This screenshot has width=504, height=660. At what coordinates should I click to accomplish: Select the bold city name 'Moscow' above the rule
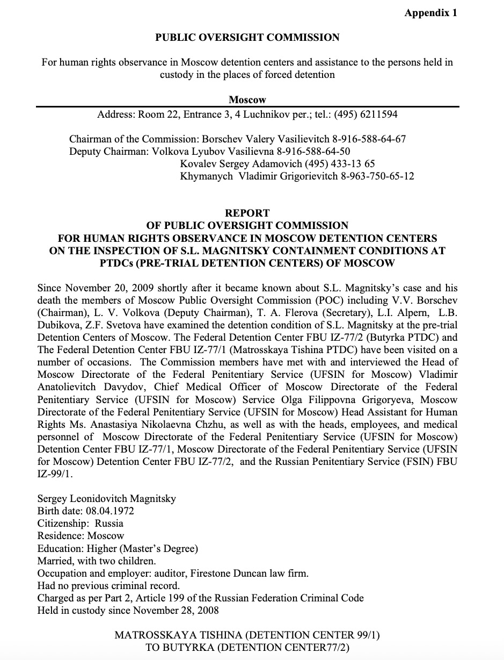247,100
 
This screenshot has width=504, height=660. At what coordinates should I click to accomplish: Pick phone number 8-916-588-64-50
313,152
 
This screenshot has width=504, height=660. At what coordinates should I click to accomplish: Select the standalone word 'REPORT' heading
247,213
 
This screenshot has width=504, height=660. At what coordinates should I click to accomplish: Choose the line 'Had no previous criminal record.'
108,586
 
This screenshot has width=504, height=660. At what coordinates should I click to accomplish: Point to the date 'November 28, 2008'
178,611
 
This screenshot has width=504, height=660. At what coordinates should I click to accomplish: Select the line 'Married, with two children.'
97,561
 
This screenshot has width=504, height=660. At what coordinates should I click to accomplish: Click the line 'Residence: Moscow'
81,536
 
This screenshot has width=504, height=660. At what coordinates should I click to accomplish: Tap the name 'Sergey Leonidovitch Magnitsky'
107,499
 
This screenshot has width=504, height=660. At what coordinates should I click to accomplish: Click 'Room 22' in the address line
156,114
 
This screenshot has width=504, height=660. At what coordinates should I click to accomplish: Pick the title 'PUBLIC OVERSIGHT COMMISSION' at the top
247,38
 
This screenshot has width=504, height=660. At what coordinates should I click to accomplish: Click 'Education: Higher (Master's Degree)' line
118,549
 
